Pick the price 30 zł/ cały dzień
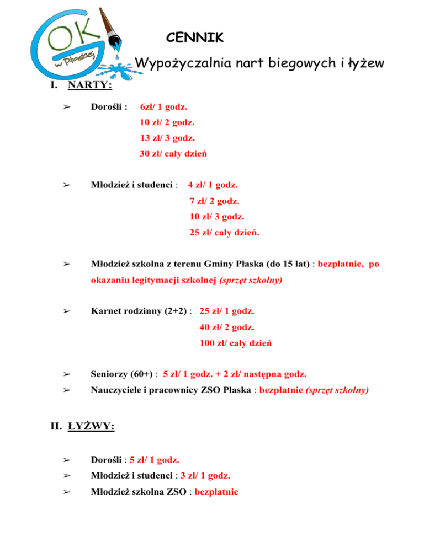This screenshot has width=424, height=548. click(x=173, y=153)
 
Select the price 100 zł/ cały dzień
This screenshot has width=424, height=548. click(x=236, y=343)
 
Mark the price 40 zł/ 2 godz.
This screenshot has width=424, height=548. click(x=227, y=327)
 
